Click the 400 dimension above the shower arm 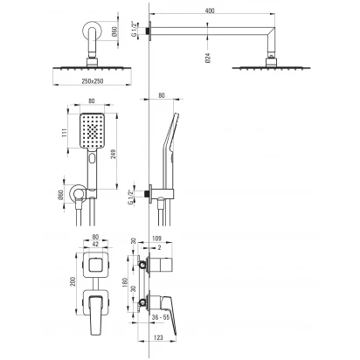pos(210,10)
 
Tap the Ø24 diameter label pos(208,59)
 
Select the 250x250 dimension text pos(93,81)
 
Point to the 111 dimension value pos(65,133)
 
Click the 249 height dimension pos(113,154)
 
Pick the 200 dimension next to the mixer pos(73,281)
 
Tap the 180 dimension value pos(126,282)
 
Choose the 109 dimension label pos(156,239)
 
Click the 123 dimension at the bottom pos(158,337)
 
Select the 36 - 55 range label pos(161,317)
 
